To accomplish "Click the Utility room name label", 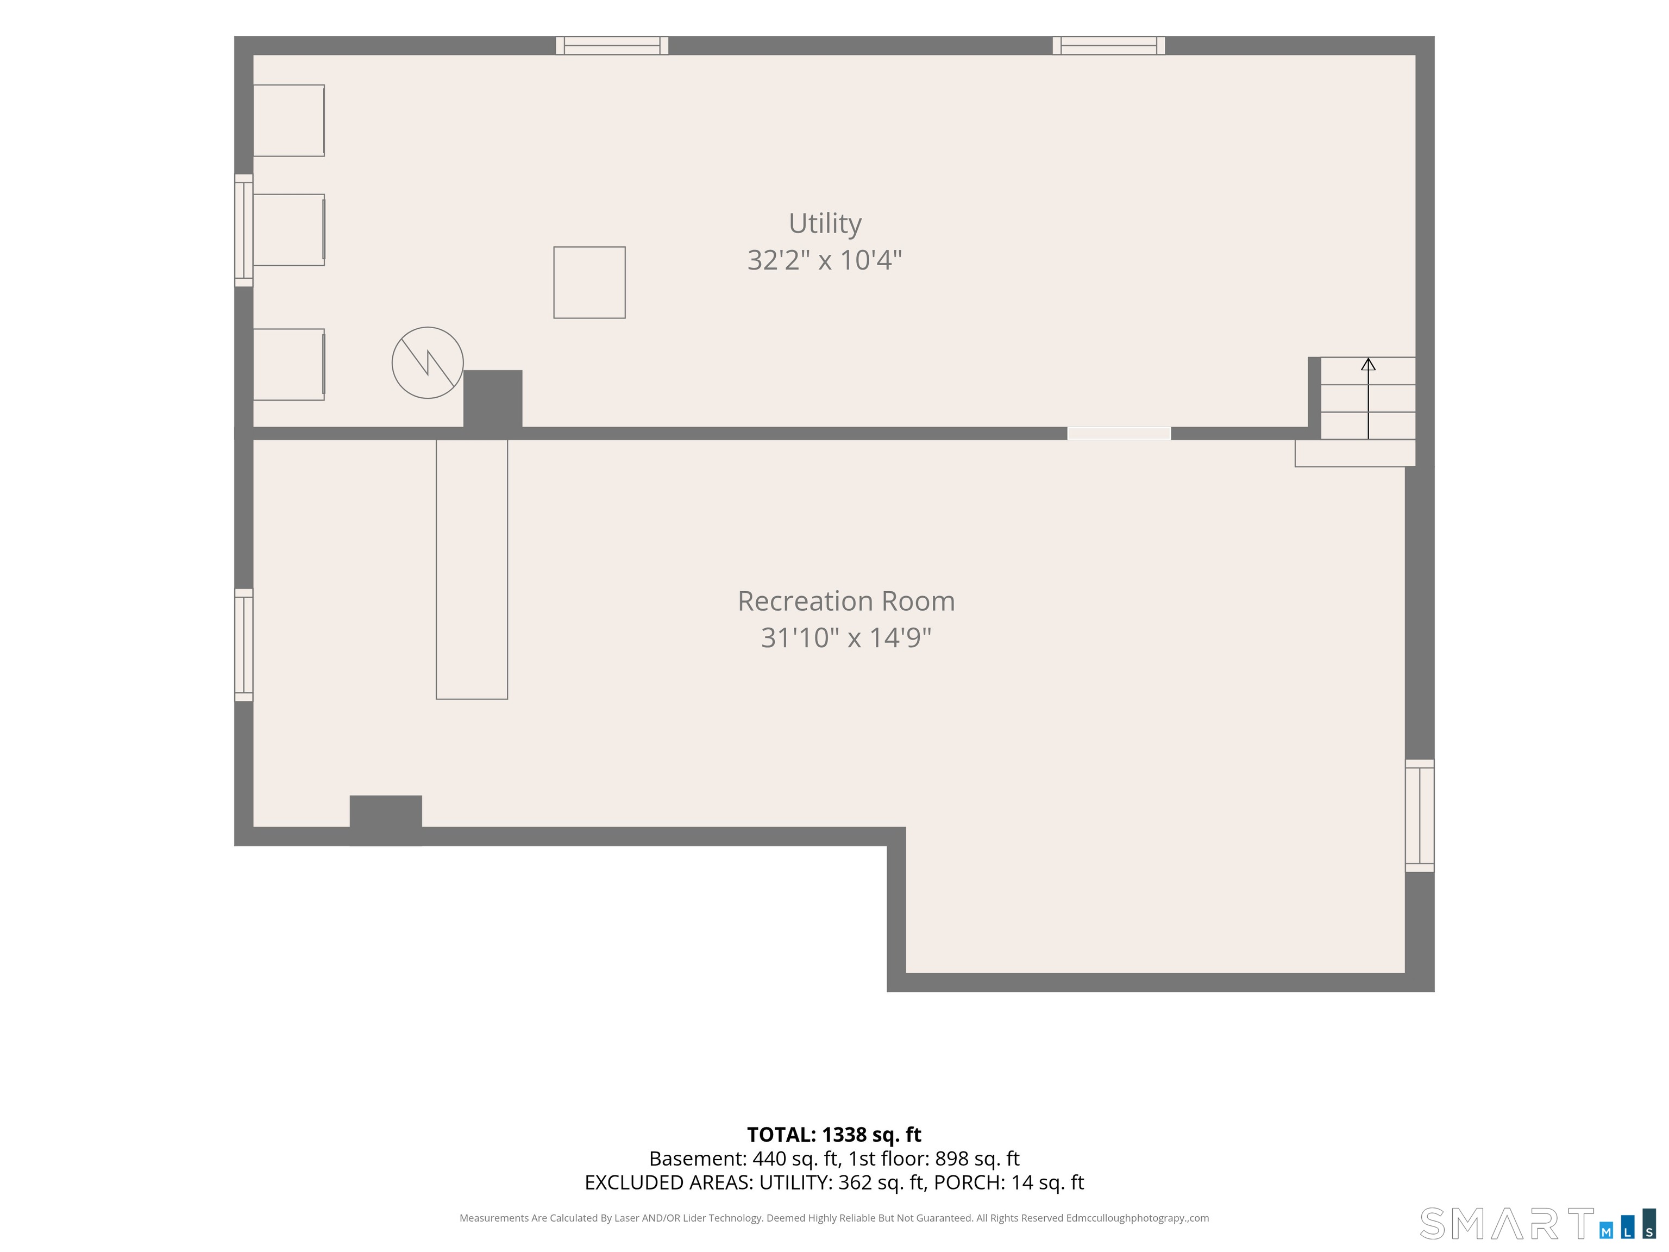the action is (x=825, y=223).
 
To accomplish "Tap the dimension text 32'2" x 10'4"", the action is (x=825, y=260).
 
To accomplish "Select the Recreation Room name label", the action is (x=846, y=602).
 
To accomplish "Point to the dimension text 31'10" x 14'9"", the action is (x=846, y=638).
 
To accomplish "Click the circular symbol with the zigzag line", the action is (x=428, y=363).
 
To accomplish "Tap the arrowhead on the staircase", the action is (x=1368, y=365).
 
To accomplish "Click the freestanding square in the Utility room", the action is (x=589, y=282).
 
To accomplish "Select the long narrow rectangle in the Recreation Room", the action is (x=472, y=570).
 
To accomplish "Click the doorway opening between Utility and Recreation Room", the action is (x=1119, y=433).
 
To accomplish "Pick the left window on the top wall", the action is (x=612, y=45).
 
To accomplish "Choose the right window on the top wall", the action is (x=1108, y=45).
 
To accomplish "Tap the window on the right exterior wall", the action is (x=1419, y=816).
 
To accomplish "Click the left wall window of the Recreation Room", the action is (x=244, y=645).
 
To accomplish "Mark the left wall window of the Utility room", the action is (x=244, y=230).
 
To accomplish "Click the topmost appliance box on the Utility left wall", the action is (x=289, y=121).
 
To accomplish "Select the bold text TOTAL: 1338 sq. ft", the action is (x=834, y=1134).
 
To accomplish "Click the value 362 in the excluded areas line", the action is (x=855, y=1182).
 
